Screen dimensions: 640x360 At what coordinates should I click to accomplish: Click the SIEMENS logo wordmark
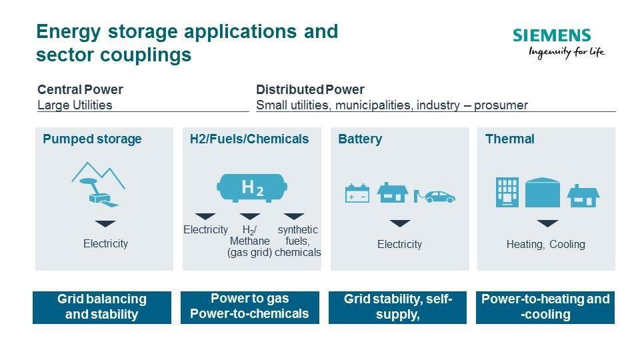point(551,35)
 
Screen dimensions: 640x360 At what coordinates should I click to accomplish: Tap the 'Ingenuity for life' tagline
point(567,52)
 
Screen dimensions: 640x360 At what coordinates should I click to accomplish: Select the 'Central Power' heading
point(80,89)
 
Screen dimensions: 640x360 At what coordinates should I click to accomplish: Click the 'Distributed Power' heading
point(310,89)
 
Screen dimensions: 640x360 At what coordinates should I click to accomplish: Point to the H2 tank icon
point(252,188)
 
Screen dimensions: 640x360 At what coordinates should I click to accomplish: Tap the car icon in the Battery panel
point(435,197)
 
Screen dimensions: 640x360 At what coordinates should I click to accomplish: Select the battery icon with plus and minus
point(357,193)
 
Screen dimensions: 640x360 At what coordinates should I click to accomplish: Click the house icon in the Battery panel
point(392,193)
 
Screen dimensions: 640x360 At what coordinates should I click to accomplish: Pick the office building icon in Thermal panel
point(507,192)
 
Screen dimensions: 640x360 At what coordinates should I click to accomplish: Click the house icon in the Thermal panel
point(583,196)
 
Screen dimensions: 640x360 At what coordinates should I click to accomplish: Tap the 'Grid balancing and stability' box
point(102,307)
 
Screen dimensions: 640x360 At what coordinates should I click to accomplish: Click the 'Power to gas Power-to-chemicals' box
point(250,307)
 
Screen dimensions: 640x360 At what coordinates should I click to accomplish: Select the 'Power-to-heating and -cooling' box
point(545,307)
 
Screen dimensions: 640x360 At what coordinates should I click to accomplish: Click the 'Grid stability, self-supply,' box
point(397,307)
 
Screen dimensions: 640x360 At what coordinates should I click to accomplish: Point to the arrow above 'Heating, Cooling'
point(547,223)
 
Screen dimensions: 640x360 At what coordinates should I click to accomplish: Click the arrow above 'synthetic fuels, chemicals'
point(294,216)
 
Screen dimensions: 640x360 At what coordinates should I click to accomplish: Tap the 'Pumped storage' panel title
point(92,139)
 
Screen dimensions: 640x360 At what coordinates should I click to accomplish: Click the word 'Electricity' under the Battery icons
point(399,245)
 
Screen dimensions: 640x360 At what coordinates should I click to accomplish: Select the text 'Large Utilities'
point(75,105)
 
